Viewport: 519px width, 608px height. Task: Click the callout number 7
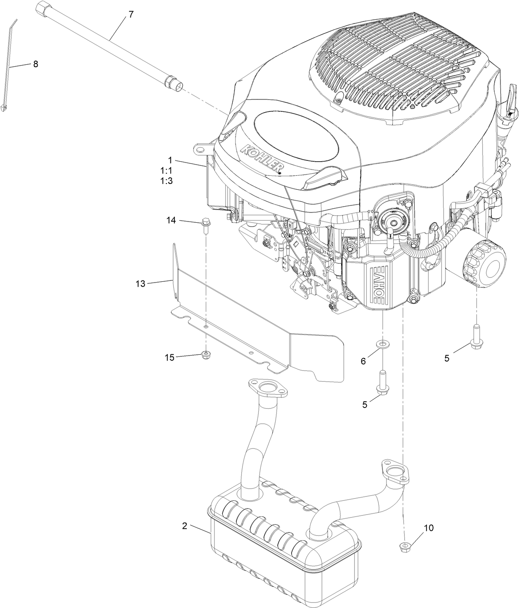point(131,14)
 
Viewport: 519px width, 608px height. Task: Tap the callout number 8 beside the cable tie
point(35,64)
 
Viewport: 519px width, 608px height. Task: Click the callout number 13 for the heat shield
point(140,284)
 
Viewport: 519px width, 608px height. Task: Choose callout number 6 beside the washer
point(363,361)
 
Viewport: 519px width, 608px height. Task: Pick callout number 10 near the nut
point(429,528)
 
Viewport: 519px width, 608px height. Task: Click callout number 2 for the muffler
point(185,526)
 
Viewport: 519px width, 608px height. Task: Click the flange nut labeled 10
point(405,547)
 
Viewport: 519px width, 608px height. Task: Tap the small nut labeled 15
point(205,355)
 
